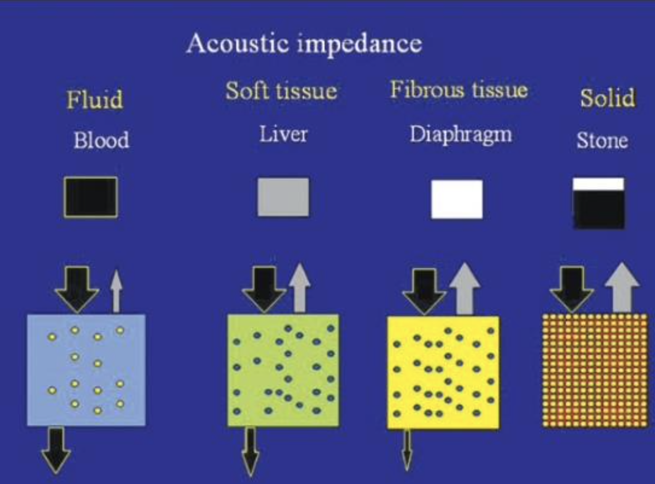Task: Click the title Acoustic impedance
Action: pyautogui.click(x=304, y=44)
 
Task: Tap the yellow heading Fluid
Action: pyautogui.click(x=94, y=100)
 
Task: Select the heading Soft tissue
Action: pyautogui.click(x=281, y=91)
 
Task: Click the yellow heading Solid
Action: pyautogui.click(x=607, y=98)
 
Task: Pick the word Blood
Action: pyautogui.click(x=101, y=140)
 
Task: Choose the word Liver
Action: pyautogui.click(x=283, y=134)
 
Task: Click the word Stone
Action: pyautogui.click(x=602, y=141)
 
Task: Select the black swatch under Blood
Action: pyautogui.click(x=91, y=197)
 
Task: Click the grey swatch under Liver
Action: pyautogui.click(x=283, y=197)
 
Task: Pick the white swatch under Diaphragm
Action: pyautogui.click(x=457, y=199)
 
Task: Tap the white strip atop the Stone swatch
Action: pyautogui.click(x=598, y=184)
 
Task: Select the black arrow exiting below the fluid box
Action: pyautogui.click(x=56, y=449)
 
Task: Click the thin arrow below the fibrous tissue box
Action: pyautogui.click(x=407, y=450)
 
